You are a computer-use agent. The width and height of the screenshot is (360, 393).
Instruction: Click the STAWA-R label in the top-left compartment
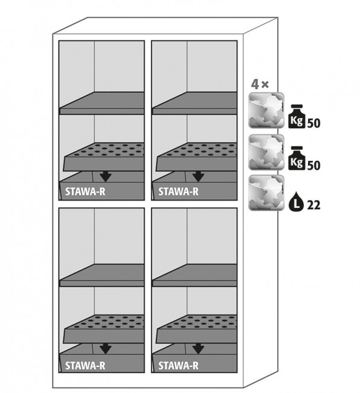[x=85, y=192]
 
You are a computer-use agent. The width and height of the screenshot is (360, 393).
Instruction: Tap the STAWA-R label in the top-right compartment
[x=178, y=192]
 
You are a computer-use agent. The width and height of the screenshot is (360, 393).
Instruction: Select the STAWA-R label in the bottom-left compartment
[x=85, y=365]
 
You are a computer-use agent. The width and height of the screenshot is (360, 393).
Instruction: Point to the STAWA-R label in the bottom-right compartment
[x=178, y=365]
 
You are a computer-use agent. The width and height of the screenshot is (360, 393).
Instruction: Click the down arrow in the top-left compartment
[x=105, y=176]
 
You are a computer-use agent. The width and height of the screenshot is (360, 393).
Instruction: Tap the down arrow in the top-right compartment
[x=198, y=176]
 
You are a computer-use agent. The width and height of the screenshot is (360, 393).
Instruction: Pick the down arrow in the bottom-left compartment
[x=105, y=349]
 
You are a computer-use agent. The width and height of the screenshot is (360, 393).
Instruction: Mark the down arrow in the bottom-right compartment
[x=198, y=349]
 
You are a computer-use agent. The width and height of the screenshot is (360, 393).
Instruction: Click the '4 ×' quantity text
[x=260, y=85]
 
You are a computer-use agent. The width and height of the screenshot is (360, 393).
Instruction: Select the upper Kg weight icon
[x=297, y=117]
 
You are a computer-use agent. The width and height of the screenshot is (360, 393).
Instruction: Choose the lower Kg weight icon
[x=297, y=158]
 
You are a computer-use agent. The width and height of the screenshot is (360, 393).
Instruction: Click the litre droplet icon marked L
[x=296, y=201]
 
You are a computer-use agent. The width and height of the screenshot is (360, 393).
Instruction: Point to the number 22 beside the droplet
[x=313, y=206]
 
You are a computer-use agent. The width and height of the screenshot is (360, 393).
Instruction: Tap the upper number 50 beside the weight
[x=313, y=123]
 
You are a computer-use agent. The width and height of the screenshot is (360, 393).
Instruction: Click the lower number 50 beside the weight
[x=313, y=166]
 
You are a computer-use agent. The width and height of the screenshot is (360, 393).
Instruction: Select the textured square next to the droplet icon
[x=266, y=192]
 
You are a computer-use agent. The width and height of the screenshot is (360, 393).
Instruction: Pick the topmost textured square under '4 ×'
[x=266, y=110]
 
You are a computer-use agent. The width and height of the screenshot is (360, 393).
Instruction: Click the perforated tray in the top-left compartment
[x=104, y=157]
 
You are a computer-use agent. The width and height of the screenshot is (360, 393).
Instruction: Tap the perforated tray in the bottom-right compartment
[x=196, y=329]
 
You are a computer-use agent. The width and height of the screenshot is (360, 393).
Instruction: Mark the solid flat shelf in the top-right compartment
[x=194, y=103]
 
